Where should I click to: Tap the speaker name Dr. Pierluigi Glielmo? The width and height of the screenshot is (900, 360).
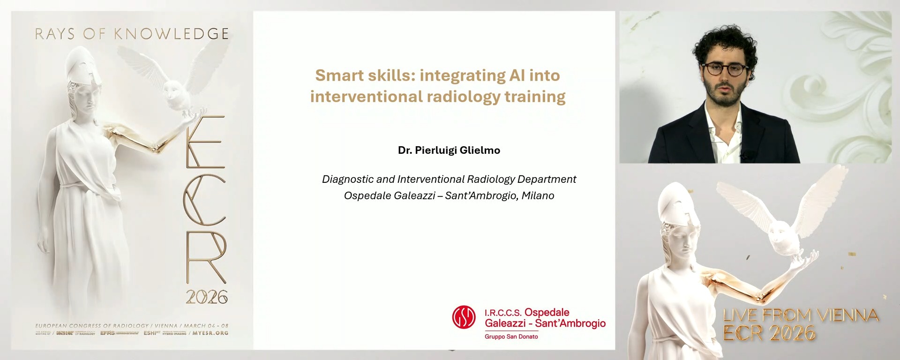coord(449,150)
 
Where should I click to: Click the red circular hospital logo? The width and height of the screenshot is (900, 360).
coord(464,317)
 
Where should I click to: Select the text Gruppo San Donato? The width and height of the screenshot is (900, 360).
coord(511,337)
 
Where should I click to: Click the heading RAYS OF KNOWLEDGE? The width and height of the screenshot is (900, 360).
coord(132,34)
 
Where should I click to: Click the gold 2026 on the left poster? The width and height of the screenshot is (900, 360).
coord(206,297)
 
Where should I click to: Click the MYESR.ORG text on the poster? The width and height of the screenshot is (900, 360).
coord(210,333)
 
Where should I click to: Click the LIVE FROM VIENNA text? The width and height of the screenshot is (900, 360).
coord(800,315)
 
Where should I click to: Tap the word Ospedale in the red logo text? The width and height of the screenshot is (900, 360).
coord(547,312)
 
